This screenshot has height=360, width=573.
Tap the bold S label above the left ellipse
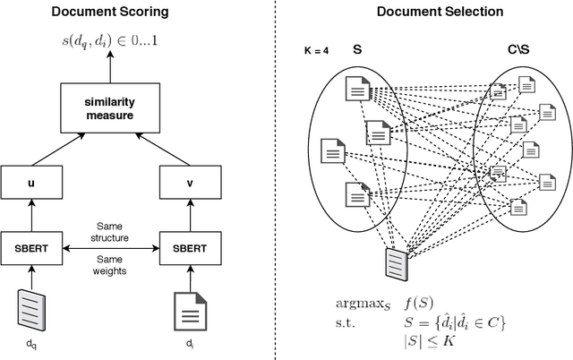tap(357, 51)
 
